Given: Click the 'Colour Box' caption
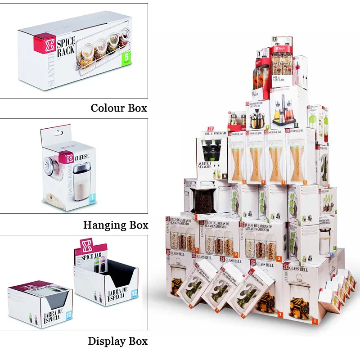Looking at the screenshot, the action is point(119,108).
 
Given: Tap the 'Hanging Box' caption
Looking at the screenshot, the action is point(116,224).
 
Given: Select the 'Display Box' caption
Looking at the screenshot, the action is point(118,341).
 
